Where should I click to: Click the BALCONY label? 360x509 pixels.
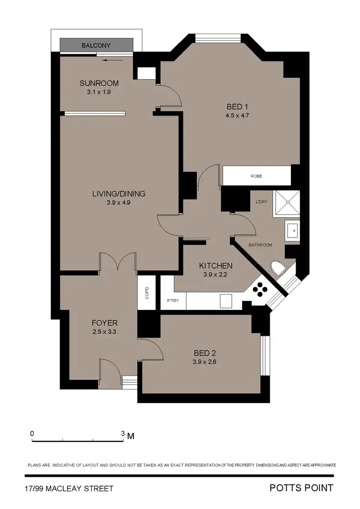point(96,46)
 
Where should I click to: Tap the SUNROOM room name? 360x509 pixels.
point(99,83)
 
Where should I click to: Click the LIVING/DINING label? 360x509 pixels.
point(119,194)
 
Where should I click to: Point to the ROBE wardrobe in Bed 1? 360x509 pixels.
point(256,176)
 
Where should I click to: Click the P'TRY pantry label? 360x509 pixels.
point(173,301)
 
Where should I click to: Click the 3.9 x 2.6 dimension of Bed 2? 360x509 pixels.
point(202,362)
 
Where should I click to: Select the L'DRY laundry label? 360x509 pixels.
point(262,201)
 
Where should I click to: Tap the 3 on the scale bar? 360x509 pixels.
point(123,433)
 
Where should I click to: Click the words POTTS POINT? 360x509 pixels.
point(301,488)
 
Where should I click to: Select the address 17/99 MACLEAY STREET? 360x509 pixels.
point(69,488)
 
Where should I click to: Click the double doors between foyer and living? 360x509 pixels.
point(118,261)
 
